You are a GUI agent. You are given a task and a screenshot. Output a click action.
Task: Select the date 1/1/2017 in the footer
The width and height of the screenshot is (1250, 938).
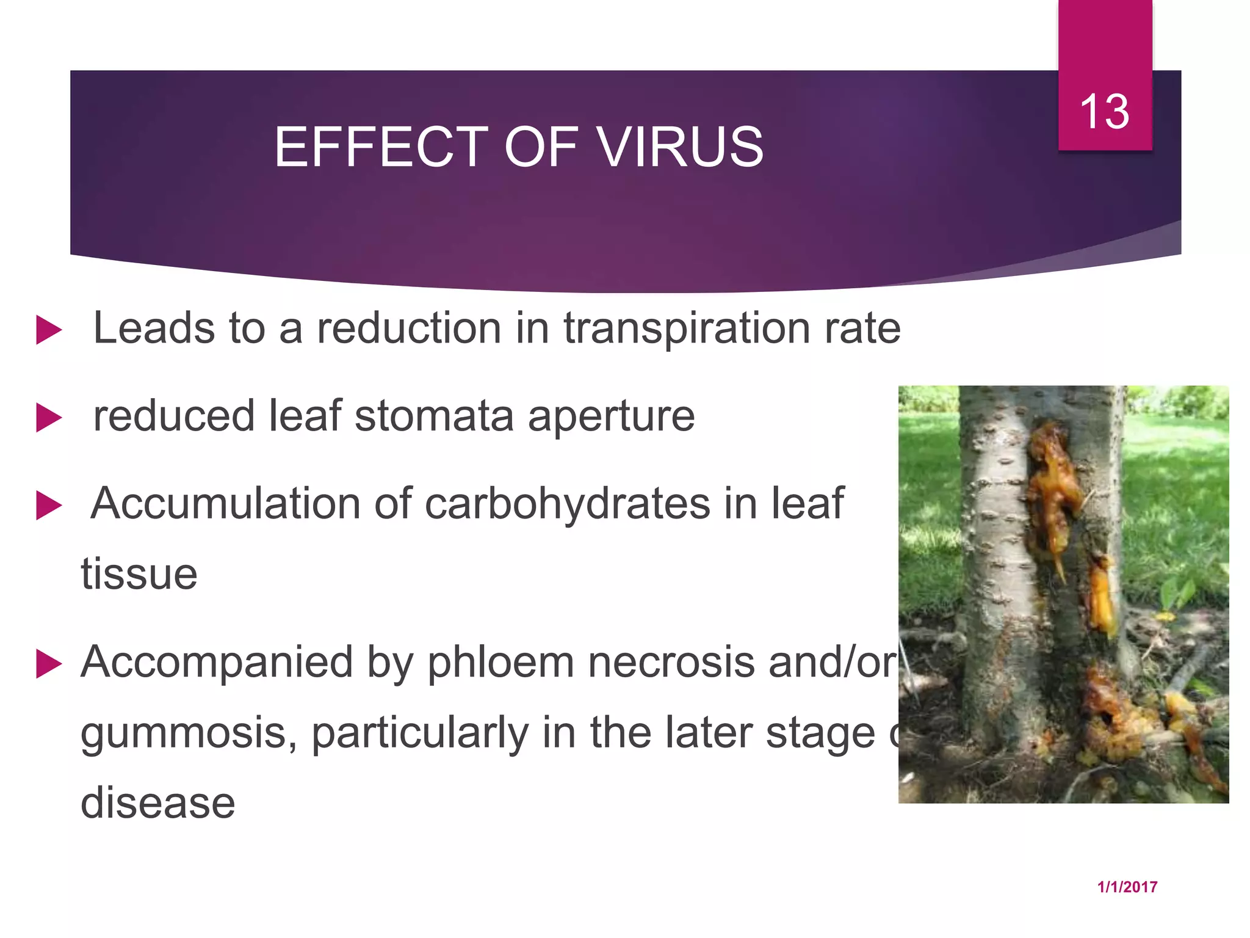click(x=1127, y=887)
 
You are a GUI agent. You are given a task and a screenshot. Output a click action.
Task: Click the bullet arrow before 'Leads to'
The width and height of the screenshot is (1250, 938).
click(x=49, y=330)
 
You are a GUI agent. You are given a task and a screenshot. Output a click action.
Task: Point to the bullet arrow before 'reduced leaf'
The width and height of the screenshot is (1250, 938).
click(x=49, y=418)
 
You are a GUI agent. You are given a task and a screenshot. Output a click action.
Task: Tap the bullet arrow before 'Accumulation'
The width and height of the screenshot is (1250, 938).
click(x=49, y=506)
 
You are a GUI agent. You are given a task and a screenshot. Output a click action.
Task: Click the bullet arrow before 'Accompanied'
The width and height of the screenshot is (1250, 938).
click(x=49, y=664)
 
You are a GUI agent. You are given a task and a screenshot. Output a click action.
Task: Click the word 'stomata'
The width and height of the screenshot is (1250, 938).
click(x=434, y=416)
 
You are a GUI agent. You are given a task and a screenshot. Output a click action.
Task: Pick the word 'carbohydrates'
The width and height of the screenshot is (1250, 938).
click(x=568, y=504)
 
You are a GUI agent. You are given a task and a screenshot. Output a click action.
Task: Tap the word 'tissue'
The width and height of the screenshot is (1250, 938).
click(x=139, y=574)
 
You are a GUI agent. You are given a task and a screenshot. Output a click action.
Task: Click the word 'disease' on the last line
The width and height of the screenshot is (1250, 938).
click(x=157, y=802)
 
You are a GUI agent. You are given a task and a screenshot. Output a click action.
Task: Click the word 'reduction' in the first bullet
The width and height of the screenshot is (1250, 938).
click(x=409, y=329)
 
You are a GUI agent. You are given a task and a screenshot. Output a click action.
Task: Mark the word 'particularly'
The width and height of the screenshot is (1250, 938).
click(x=420, y=733)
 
